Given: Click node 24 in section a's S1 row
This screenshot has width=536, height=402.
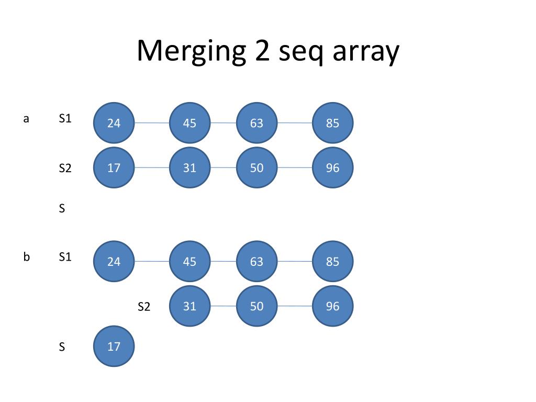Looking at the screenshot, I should click(x=114, y=123).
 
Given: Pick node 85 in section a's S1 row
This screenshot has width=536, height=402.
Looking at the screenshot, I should click(x=332, y=123).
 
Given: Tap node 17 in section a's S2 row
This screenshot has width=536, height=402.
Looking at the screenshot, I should click(x=114, y=168).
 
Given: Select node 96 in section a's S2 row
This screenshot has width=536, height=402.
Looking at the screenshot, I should click(x=332, y=168).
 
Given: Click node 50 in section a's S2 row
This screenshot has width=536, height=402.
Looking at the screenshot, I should click(x=256, y=168).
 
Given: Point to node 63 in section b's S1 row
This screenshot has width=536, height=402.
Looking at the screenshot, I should click(x=256, y=261).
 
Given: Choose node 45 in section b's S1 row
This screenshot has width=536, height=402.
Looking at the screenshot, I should click(x=189, y=261).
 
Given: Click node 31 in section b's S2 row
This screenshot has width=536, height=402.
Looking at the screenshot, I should click(x=189, y=306).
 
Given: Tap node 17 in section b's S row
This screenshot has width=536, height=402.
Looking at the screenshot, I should click(x=114, y=346).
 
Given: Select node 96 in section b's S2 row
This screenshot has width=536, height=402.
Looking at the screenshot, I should click(x=332, y=306).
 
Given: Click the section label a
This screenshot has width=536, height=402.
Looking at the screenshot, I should click(x=26, y=119).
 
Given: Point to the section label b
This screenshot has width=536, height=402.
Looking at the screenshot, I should click(x=26, y=257).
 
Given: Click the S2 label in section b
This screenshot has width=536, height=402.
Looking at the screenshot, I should click(x=144, y=307).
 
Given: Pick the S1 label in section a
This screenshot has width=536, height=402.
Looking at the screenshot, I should click(x=65, y=119).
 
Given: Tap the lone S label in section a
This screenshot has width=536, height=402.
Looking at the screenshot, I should click(x=62, y=209).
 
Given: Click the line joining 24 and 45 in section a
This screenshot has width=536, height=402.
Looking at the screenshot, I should click(x=152, y=123).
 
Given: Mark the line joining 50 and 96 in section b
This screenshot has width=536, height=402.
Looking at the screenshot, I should click(x=295, y=306).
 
